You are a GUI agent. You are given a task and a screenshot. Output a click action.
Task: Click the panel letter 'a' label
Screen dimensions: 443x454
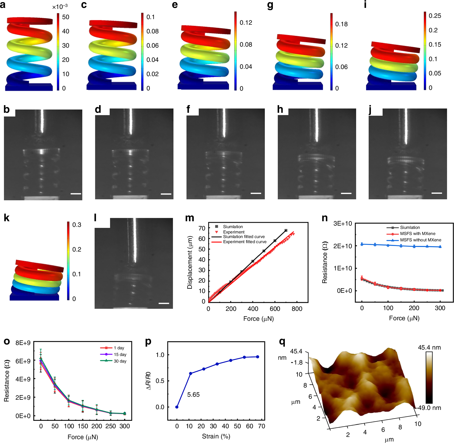click(x=3, y=5)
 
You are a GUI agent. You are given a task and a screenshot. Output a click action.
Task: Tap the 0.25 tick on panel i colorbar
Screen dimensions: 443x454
click(x=435, y=16)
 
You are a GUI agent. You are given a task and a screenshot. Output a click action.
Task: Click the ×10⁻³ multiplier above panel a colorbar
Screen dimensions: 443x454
click(x=60, y=7)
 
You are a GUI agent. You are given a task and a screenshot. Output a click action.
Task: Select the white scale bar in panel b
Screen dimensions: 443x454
click(x=76, y=194)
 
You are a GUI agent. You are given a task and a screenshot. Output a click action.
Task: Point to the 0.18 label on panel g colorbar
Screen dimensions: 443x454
click(x=341, y=24)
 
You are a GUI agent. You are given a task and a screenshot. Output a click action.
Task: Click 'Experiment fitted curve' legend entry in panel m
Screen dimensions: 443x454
click(x=245, y=242)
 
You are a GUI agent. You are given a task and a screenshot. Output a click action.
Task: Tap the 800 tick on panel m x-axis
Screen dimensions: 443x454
click(x=297, y=309)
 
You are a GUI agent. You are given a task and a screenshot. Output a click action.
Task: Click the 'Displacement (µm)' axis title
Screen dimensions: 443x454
click(x=190, y=262)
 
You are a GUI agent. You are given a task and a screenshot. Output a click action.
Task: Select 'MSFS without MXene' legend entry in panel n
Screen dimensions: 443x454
click(x=420, y=240)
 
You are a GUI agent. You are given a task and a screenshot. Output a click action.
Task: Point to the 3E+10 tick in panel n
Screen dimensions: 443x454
click(x=342, y=224)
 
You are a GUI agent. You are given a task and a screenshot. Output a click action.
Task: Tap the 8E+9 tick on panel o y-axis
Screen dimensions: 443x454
click(x=23, y=343)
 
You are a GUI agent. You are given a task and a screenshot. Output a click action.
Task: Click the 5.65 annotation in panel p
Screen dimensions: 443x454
click(x=193, y=395)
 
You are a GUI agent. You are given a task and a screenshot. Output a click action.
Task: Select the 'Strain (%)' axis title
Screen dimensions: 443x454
click(x=216, y=436)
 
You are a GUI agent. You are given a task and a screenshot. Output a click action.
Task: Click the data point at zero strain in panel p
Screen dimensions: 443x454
click(x=177, y=407)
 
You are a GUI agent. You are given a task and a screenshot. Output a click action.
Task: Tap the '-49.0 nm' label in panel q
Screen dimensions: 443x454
click(x=429, y=408)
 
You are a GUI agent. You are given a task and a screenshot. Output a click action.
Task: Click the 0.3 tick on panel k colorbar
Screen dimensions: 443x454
click(x=77, y=225)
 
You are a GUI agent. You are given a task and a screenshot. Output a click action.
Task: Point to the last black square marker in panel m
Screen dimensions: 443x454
click(x=286, y=230)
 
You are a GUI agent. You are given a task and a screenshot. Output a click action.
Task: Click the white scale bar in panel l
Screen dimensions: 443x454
click(x=164, y=303)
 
